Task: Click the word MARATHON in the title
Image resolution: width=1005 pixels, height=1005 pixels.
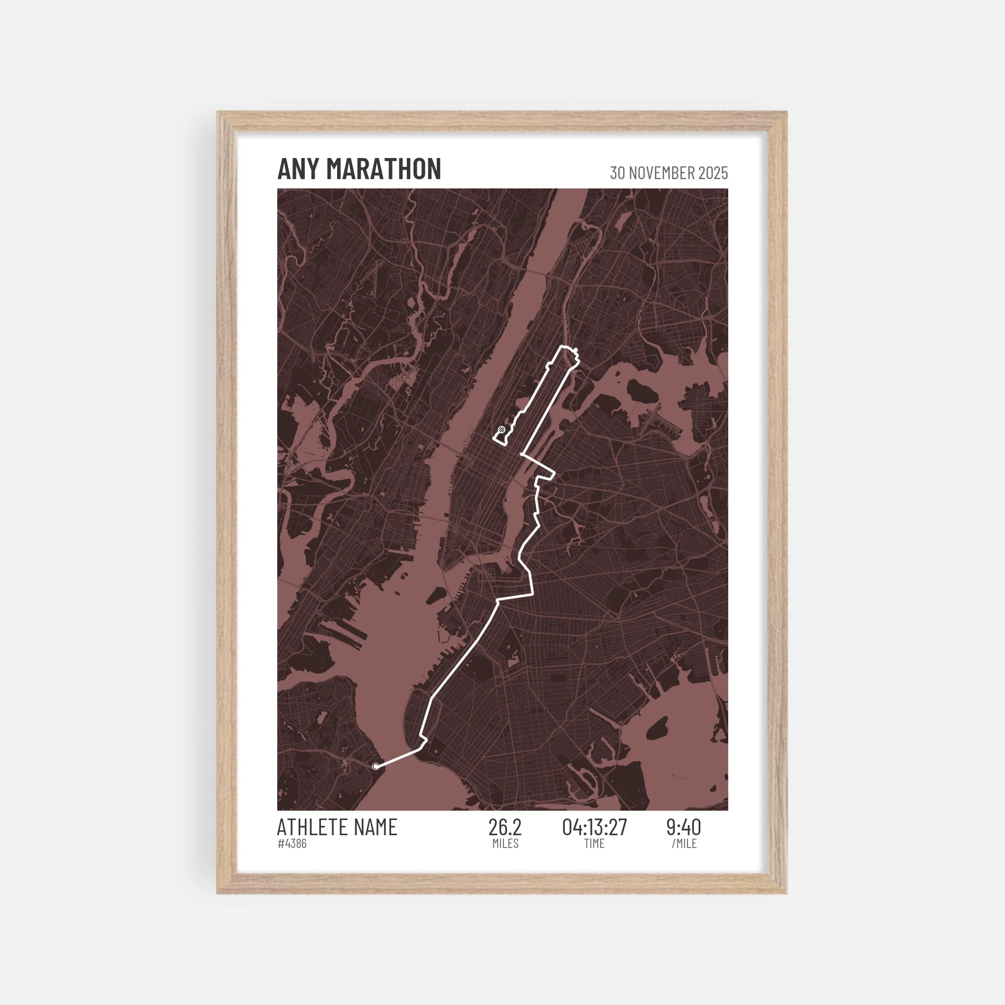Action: pyautogui.click(x=383, y=169)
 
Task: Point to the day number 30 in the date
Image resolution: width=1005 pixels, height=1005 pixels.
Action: pyautogui.click(x=617, y=173)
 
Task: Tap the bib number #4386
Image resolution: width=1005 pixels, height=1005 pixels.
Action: pyautogui.click(x=292, y=844)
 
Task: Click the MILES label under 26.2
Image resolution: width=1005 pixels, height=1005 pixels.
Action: pyautogui.click(x=505, y=844)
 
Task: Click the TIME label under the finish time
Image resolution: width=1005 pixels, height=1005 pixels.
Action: pyautogui.click(x=594, y=844)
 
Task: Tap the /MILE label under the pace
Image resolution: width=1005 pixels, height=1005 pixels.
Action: pyautogui.click(x=684, y=844)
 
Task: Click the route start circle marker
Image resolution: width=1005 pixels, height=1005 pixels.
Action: pyautogui.click(x=375, y=766)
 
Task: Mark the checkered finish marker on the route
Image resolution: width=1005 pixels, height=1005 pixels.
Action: pyautogui.click(x=502, y=429)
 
